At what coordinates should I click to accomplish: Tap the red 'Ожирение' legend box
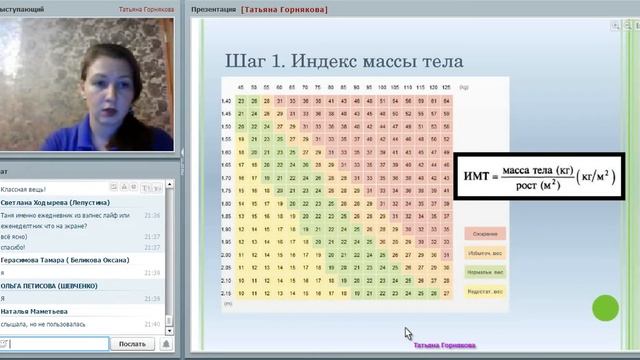point(485,233)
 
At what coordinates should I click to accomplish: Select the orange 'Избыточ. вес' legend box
point(485,252)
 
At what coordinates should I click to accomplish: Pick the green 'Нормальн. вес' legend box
point(485,271)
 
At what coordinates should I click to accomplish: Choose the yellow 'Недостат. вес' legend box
point(485,291)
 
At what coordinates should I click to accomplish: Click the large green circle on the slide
point(605,308)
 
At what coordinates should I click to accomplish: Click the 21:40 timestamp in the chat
point(151,324)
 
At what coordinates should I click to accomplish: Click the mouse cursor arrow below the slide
point(407,332)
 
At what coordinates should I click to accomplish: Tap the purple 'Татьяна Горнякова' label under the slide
point(445,346)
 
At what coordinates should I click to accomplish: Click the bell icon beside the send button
point(165,344)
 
